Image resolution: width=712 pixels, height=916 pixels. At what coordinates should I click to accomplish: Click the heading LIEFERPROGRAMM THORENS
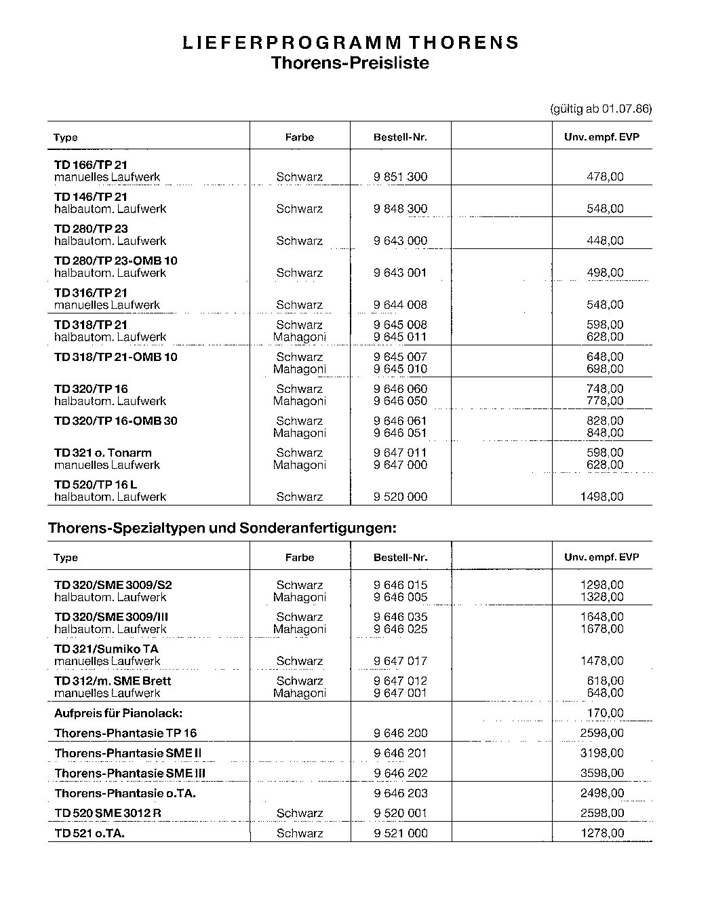coord(351,43)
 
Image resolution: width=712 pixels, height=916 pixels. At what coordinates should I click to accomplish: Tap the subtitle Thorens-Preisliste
coord(350,63)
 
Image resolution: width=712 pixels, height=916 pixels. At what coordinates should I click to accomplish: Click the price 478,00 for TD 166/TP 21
coord(605,177)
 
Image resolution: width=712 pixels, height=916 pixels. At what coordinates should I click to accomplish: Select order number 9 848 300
coord(400,209)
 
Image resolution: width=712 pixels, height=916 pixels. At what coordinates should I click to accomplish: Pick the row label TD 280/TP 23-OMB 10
coord(116,261)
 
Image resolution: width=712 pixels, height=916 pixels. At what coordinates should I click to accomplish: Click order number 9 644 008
coord(400,305)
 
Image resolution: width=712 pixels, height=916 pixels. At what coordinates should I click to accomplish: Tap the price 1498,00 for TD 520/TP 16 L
coord(601,497)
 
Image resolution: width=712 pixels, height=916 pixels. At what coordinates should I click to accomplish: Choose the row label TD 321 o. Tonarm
coord(103,453)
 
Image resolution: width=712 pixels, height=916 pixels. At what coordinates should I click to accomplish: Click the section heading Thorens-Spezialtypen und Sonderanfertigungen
coord(222,528)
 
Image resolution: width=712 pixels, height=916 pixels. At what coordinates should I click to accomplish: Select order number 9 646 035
coord(400,617)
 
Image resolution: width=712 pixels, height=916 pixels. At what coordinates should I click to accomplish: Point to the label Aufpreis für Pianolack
coord(119,713)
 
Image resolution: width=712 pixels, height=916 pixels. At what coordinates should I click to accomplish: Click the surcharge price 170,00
coord(605,713)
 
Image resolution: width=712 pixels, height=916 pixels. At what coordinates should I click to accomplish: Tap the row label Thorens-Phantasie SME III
coord(130,774)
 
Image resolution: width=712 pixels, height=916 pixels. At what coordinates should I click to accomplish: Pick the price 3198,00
coord(601,753)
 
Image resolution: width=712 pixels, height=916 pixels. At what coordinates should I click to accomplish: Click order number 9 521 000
coord(400,833)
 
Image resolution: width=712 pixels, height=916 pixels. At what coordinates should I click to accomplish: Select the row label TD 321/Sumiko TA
coord(106,649)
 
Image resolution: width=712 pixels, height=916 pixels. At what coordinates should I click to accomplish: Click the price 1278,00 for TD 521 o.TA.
coord(601,833)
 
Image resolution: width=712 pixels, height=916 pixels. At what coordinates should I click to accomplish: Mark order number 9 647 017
coord(400,661)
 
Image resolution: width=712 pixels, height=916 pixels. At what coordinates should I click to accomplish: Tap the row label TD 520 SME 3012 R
coord(108,814)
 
